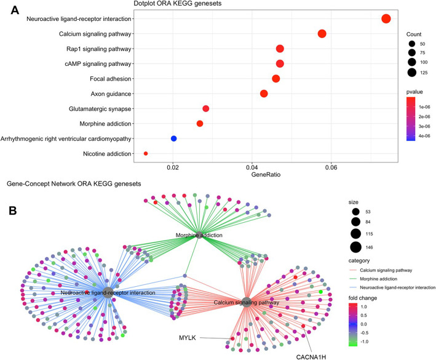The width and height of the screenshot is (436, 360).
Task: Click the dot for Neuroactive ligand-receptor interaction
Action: pyautogui.click(x=386, y=19)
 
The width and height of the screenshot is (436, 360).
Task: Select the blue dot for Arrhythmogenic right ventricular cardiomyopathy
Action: pyautogui.click(x=174, y=138)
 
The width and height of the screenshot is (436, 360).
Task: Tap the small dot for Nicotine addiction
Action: pyautogui.click(x=146, y=153)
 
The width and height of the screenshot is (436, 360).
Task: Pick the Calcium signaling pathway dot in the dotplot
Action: pyautogui.click(x=322, y=34)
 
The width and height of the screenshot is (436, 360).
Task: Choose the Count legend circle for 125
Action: pyautogui.click(x=411, y=73)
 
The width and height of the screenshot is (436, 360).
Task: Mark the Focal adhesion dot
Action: pyautogui.click(x=276, y=79)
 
